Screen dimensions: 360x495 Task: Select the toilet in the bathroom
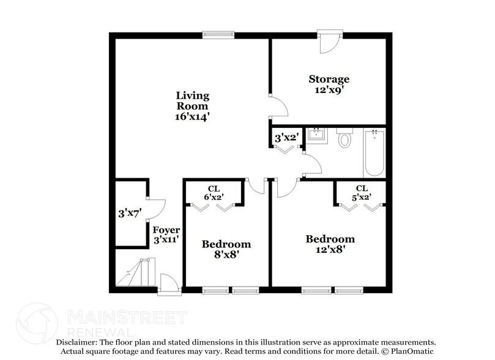[344, 139]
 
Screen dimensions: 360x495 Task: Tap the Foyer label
[165, 230]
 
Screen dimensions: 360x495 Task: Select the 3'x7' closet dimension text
[130, 214]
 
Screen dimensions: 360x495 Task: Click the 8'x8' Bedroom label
[226, 249]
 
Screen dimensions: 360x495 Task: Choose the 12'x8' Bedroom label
[330, 244]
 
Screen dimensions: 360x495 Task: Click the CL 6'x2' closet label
[214, 193]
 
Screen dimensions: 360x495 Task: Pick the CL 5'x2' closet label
[361, 193]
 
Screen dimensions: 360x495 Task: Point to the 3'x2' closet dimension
[285, 138]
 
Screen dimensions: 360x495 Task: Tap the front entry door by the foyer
[168, 285]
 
